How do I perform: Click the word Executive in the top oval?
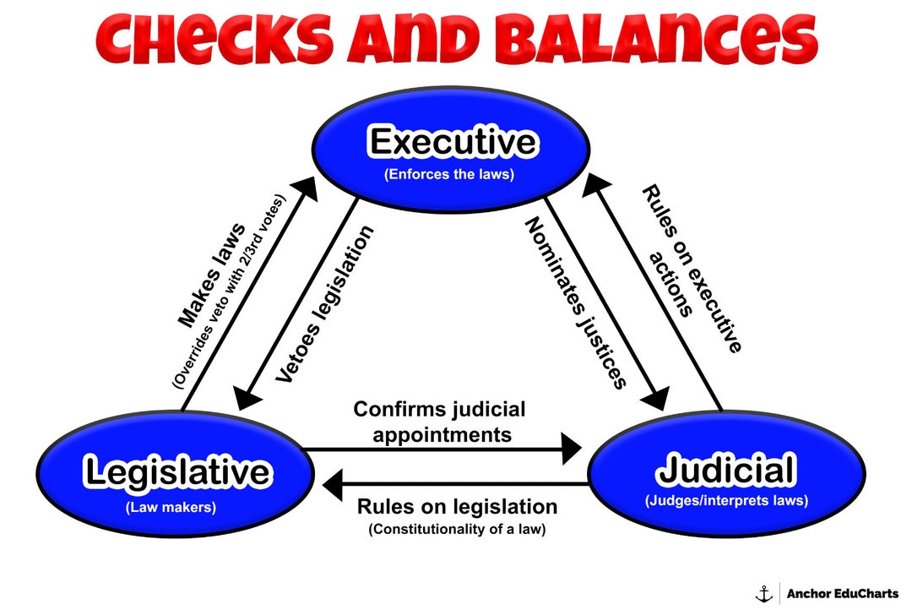click(453, 142)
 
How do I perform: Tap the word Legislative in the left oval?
click(177, 472)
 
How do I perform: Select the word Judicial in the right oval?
click(726, 470)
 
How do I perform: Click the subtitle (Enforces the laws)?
click(449, 176)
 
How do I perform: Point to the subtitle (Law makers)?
click(171, 508)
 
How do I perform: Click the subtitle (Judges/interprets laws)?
click(726, 500)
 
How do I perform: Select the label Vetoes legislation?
click(324, 305)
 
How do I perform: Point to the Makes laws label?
click(211, 275)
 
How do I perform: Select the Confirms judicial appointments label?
click(439, 422)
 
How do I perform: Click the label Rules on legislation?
click(457, 507)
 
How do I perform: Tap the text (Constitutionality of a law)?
click(457, 530)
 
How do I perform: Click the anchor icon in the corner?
click(763, 593)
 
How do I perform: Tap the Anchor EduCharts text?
click(842, 593)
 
